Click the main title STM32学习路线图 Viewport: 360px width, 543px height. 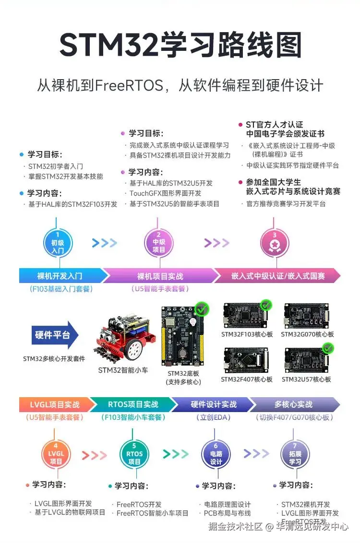click(180, 46)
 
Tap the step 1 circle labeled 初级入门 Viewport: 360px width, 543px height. click(58, 243)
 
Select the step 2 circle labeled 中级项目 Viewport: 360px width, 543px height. click(158, 243)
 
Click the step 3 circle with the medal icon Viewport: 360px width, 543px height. click(275, 243)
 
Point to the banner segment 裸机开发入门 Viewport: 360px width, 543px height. click(60, 276)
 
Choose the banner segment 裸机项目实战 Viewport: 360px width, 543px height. click(160, 276)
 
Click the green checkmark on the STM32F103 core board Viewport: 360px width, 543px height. click(265, 305)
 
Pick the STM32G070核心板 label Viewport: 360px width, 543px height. click(307, 334)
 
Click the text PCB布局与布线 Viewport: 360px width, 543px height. click(227, 513)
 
